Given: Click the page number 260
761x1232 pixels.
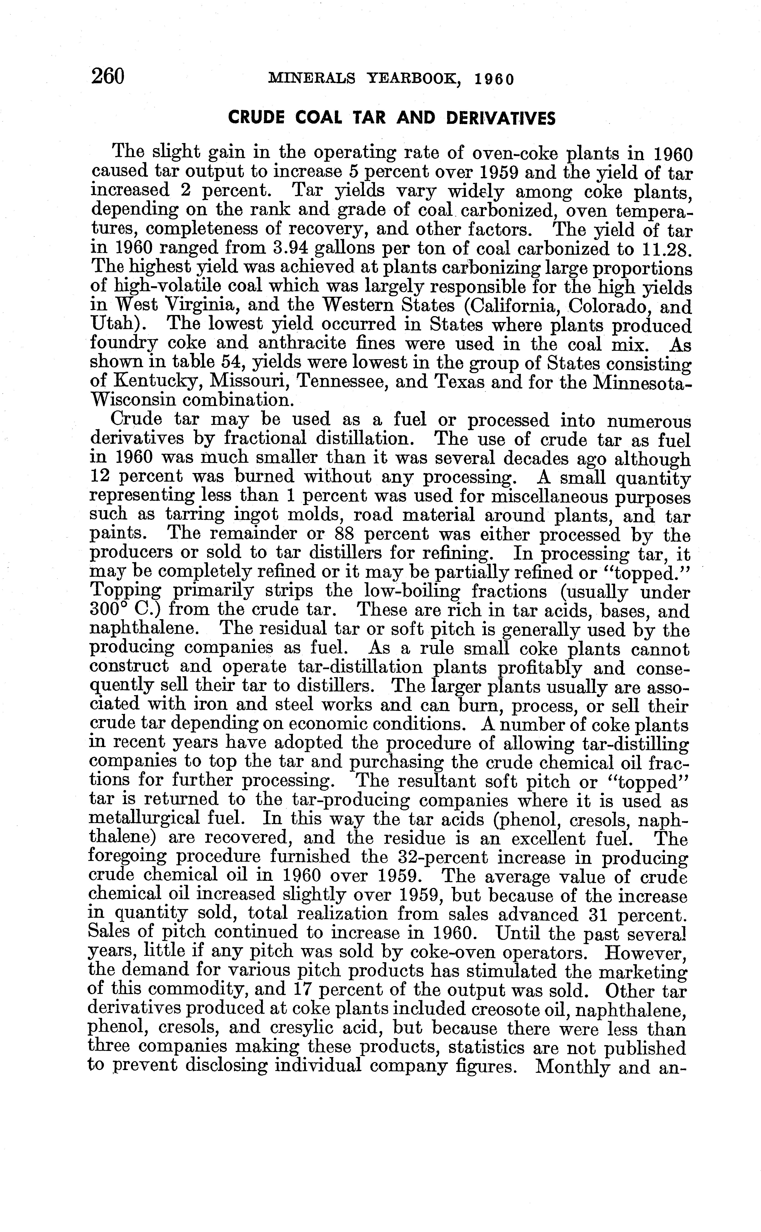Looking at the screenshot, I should (x=108, y=77).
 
